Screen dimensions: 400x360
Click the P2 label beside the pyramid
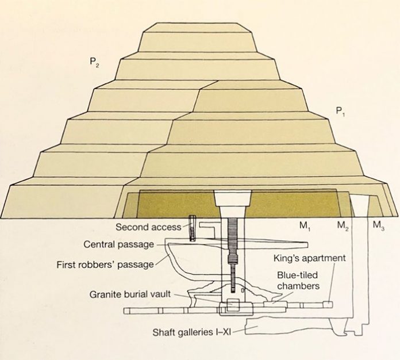(x=94, y=63)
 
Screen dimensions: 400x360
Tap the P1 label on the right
(x=340, y=112)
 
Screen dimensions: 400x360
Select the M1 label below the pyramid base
(x=305, y=226)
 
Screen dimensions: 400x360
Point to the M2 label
(x=343, y=226)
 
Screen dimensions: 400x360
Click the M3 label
(x=379, y=226)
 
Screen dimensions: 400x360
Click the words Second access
(x=148, y=227)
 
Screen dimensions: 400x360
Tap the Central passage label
(x=119, y=244)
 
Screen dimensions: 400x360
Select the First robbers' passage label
(x=105, y=265)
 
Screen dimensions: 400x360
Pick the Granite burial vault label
(x=130, y=294)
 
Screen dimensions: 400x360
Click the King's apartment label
(x=310, y=258)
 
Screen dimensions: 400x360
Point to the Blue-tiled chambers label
(x=298, y=281)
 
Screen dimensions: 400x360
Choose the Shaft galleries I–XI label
(x=191, y=332)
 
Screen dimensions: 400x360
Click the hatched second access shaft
(x=193, y=228)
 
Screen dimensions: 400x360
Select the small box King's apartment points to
(x=328, y=305)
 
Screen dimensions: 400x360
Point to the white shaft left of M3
(x=360, y=206)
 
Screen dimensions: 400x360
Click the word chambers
(x=298, y=286)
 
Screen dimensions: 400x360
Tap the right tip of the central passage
(x=307, y=245)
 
